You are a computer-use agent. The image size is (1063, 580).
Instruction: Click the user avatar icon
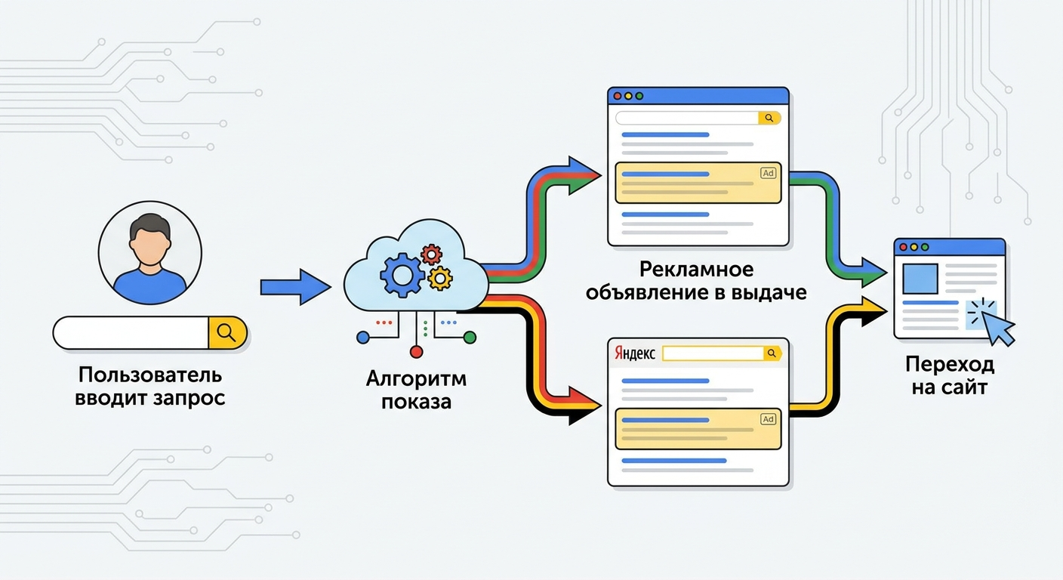[x=150, y=253]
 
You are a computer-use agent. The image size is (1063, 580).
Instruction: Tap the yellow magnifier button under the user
[x=227, y=332]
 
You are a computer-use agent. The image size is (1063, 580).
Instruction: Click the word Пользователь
[x=150, y=375]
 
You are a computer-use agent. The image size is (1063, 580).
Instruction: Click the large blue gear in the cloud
[x=402, y=274]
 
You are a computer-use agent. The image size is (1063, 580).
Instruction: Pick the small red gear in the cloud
[x=432, y=254]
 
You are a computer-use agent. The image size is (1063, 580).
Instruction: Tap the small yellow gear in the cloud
[x=439, y=279]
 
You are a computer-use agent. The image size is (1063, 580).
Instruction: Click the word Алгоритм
[x=416, y=378]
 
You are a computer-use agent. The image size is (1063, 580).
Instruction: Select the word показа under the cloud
[x=416, y=400]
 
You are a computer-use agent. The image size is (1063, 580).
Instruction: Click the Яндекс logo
[x=635, y=353]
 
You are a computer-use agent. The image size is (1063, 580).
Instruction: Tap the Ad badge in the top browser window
[x=768, y=173]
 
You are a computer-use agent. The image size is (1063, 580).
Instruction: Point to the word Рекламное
[x=696, y=270]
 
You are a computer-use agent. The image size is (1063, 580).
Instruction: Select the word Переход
[x=950, y=366]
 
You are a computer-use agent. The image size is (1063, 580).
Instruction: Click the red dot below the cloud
[x=416, y=351]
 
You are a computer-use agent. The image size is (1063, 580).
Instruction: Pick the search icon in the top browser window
[x=769, y=118]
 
